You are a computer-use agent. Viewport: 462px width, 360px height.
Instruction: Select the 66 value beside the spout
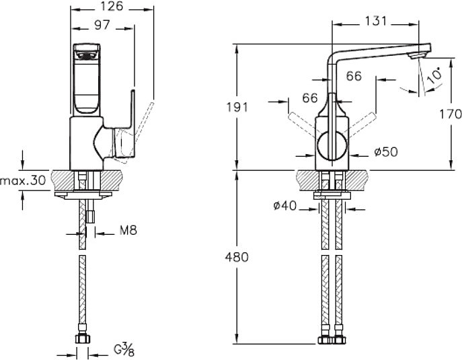click(x=354, y=76)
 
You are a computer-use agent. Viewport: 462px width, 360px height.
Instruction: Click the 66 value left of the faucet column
click(x=309, y=98)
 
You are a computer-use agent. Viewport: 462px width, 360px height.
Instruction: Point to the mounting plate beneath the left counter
click(x=84, y=196)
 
